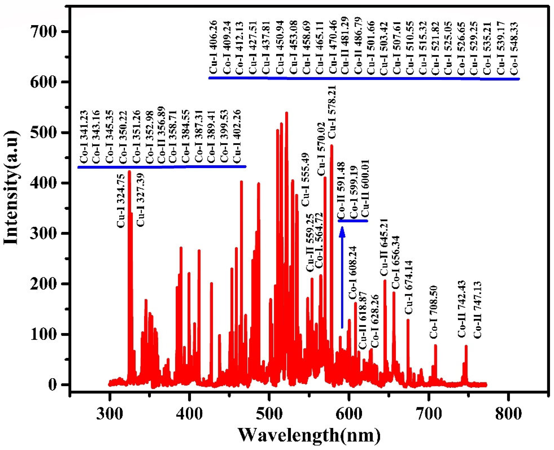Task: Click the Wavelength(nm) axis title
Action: [x=309, y=435]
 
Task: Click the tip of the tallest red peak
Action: [x=286, y=113]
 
